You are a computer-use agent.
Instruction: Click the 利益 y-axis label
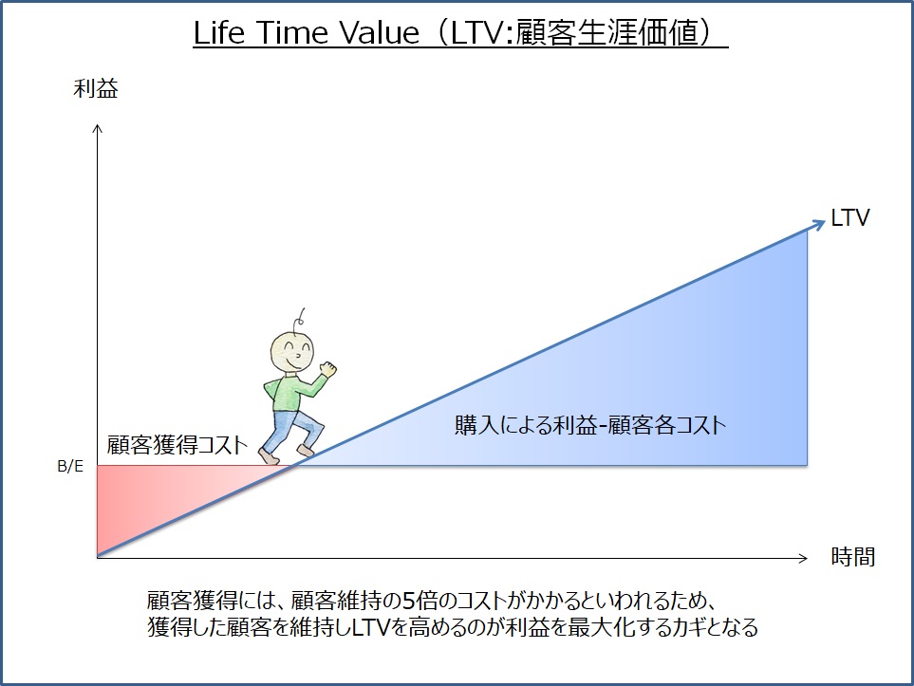click(96, 88)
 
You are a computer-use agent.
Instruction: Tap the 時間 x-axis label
click(853, 557)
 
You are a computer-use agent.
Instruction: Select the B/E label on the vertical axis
click(70, 466)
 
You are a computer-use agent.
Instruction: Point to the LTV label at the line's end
click(849, 218)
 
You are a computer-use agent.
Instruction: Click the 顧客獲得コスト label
click(177, 445)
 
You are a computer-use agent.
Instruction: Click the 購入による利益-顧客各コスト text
click(590, 425)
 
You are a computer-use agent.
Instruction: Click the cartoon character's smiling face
click(292, 352)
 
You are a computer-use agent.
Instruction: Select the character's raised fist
click(327, 369)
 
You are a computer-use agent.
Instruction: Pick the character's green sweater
click(291, 392)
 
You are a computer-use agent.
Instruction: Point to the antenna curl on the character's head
click(301, 318)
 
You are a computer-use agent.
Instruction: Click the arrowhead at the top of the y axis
click(98, 128)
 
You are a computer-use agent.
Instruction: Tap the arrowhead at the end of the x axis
click(803, 558)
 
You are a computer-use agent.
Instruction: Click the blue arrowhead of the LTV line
click(819, 224)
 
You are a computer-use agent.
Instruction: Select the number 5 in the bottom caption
click(410, 601)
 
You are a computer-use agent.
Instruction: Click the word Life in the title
click(218, 32)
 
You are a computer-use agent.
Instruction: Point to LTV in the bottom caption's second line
click(371, 627)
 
